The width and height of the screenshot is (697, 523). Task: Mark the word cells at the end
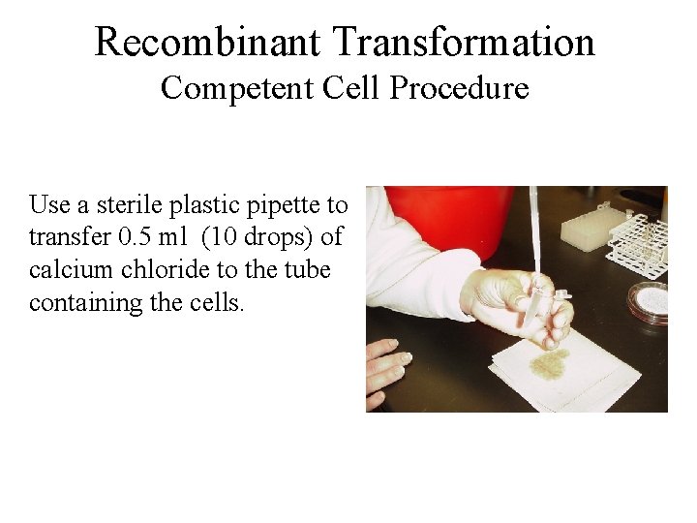click(221, 301)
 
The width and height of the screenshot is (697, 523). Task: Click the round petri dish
click(650, 301)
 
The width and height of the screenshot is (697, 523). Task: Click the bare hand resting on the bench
click(386, 372)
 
